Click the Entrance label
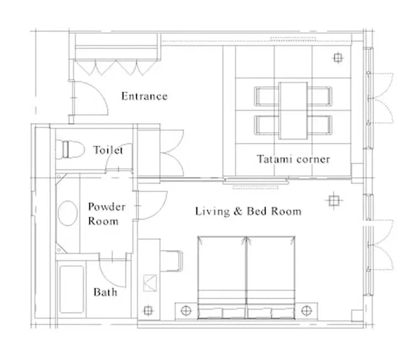point(144,96)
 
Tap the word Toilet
point(108,150)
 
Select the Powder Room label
point(107,214)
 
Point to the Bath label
point(105,292)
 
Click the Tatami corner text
point(293,160)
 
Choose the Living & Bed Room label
point(248,211)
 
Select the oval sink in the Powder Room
point(68,214)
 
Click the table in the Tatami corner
point(293,110)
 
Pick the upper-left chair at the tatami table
point(267,96)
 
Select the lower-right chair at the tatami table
point(320,125)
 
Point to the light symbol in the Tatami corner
point(337,57)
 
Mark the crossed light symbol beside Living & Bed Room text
point(333,200)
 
